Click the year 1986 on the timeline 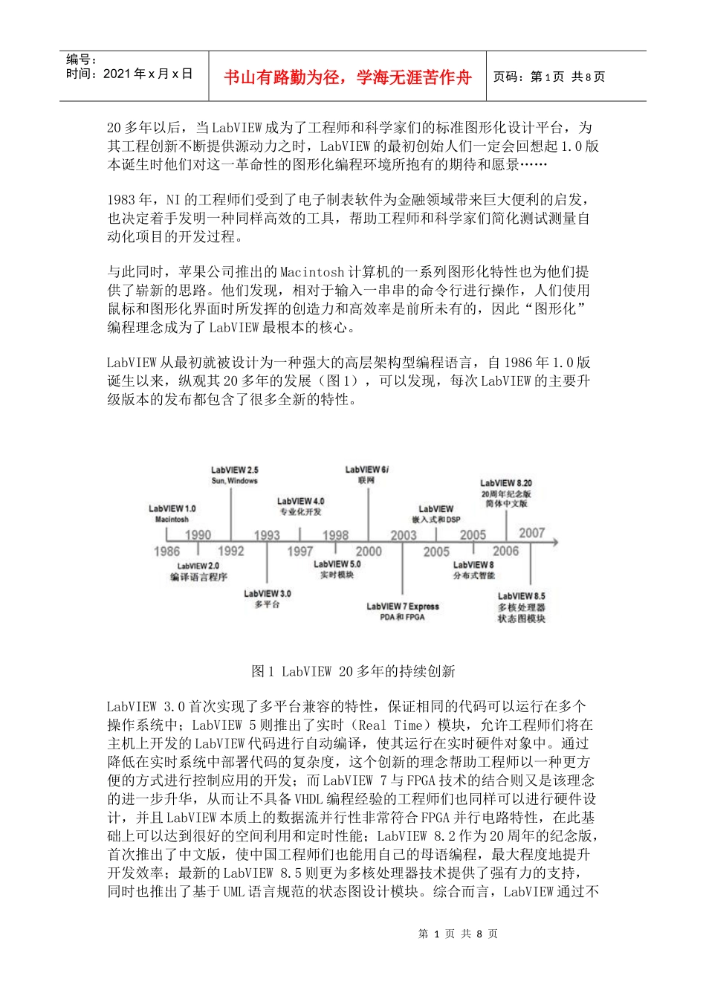(166, 551)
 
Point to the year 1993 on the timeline (267, 534)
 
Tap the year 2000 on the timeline (369, 551)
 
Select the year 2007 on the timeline (531, 533)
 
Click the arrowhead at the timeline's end (554, 542)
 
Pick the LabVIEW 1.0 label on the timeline (172, 508)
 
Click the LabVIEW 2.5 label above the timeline (235, 470)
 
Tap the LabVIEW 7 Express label (403, 607)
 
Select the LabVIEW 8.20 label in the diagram (506, 483)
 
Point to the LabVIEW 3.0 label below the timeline (268, 593)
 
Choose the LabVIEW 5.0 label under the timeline (337, 564)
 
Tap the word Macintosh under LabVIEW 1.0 (172, 519)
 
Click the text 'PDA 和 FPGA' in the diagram (402, 617)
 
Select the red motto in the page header (348, 77)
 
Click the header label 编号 (80, 59)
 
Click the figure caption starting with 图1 (353, 671)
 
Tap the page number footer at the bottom (458, 934)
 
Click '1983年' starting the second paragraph (130, 199)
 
